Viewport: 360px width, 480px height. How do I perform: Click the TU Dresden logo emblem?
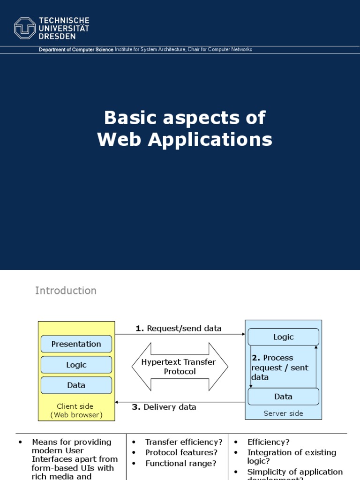pos(25,28)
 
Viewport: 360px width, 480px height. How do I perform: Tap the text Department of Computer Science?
pos(76,50)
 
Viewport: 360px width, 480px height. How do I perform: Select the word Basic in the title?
pos(129,118)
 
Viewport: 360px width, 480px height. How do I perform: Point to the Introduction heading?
pos(66,291)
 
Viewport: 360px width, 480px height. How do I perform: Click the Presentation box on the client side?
pos(76,344)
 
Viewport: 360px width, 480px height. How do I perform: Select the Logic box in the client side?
pos(76,365)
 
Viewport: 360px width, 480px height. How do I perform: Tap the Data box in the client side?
pos(76,385)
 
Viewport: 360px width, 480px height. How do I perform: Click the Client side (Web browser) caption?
pos(75,411)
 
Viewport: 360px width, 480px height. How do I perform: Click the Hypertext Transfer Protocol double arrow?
pos(179,367)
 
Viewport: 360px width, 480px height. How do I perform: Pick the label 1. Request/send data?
pos(179,329)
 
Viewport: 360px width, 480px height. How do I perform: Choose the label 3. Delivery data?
pos(164,407)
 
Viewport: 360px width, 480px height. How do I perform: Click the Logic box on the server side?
pos(283,337)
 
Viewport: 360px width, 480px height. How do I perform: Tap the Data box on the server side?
pos(283,397)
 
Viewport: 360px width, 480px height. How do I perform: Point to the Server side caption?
pos(283,413)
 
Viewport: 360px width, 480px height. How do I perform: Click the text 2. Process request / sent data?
pos(280,367)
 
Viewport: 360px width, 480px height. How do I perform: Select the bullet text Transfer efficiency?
pos(184,442)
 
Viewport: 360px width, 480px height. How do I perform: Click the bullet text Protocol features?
pos(181,453)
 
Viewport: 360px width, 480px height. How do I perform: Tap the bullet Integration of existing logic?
pos(292,457)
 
